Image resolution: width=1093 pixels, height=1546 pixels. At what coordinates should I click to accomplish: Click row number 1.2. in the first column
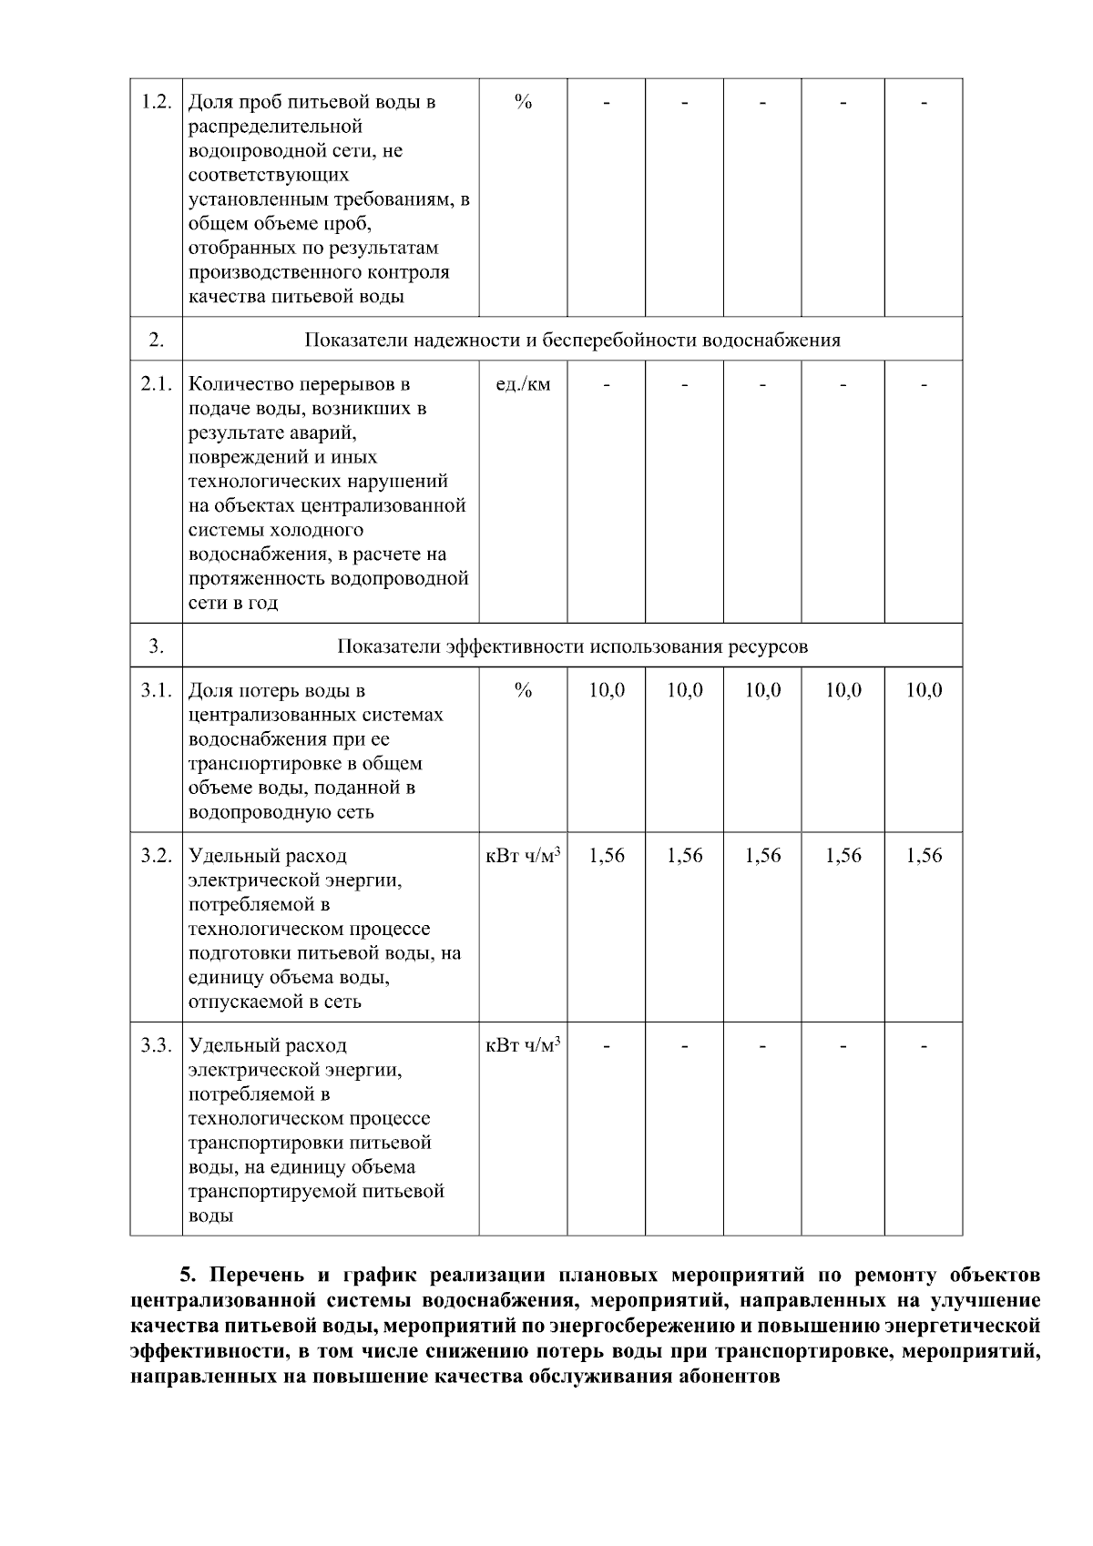[x=157, y=102]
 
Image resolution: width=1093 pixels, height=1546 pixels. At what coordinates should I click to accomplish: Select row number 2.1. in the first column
[x=157, y=384]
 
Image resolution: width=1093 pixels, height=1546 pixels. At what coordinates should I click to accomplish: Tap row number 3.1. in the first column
[x=157, y=690]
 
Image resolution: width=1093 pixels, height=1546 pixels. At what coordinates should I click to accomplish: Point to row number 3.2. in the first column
[x=157, y=856]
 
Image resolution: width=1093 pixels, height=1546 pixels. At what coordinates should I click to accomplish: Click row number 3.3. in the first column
[x=157, y=1045]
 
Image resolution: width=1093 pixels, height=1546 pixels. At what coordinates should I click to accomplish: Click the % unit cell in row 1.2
[x=523, y=102]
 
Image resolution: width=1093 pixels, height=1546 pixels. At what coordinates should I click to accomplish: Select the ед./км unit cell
[x=523, y=384]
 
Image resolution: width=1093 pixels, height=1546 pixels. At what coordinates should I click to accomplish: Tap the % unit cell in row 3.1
[x=523, y=690]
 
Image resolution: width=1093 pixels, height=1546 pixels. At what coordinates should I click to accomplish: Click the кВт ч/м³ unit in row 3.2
[x=523, y=856]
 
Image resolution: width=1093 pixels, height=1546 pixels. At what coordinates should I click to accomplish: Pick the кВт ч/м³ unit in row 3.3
[x=523, y=1045]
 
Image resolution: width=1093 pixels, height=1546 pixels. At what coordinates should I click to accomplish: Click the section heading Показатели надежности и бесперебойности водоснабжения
[x=572, y=341]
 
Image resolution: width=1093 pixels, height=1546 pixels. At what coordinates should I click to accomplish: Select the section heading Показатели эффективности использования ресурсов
[x=572, y=646]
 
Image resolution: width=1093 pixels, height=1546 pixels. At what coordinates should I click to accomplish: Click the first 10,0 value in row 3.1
[x=607, y=690]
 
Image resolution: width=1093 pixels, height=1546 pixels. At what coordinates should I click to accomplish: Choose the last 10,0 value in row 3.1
[x=924, y=690]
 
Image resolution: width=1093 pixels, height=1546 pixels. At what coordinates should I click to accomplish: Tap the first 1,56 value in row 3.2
[x=607, y=856]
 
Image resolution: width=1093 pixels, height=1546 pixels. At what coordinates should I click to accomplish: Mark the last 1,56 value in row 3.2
[x=924, y=856]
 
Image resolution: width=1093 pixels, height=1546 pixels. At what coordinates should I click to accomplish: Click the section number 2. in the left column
[x=157, y=341]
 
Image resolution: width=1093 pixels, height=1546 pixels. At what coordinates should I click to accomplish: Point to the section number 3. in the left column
[x=157, y=646]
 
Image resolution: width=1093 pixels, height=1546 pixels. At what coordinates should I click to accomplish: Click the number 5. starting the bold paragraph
[x=189, y=1274]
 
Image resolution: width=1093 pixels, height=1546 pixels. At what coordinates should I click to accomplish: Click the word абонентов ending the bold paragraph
[x=730, y=1376]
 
